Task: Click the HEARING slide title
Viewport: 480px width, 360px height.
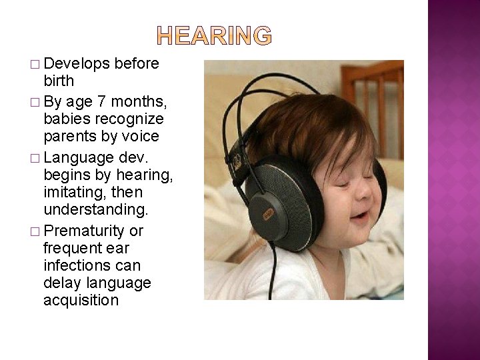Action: [x=215, y=36]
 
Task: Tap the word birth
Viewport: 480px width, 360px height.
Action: [x=59, y=81]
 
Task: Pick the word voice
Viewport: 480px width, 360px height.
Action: [x=140, y=137]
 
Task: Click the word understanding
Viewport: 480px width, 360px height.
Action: [x=93, y=210]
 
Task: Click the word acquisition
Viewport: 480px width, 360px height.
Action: [x=81, y=300]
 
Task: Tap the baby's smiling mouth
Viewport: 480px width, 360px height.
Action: [x=361, y=216]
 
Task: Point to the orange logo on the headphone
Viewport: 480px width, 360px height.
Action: [x=268, y=214]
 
